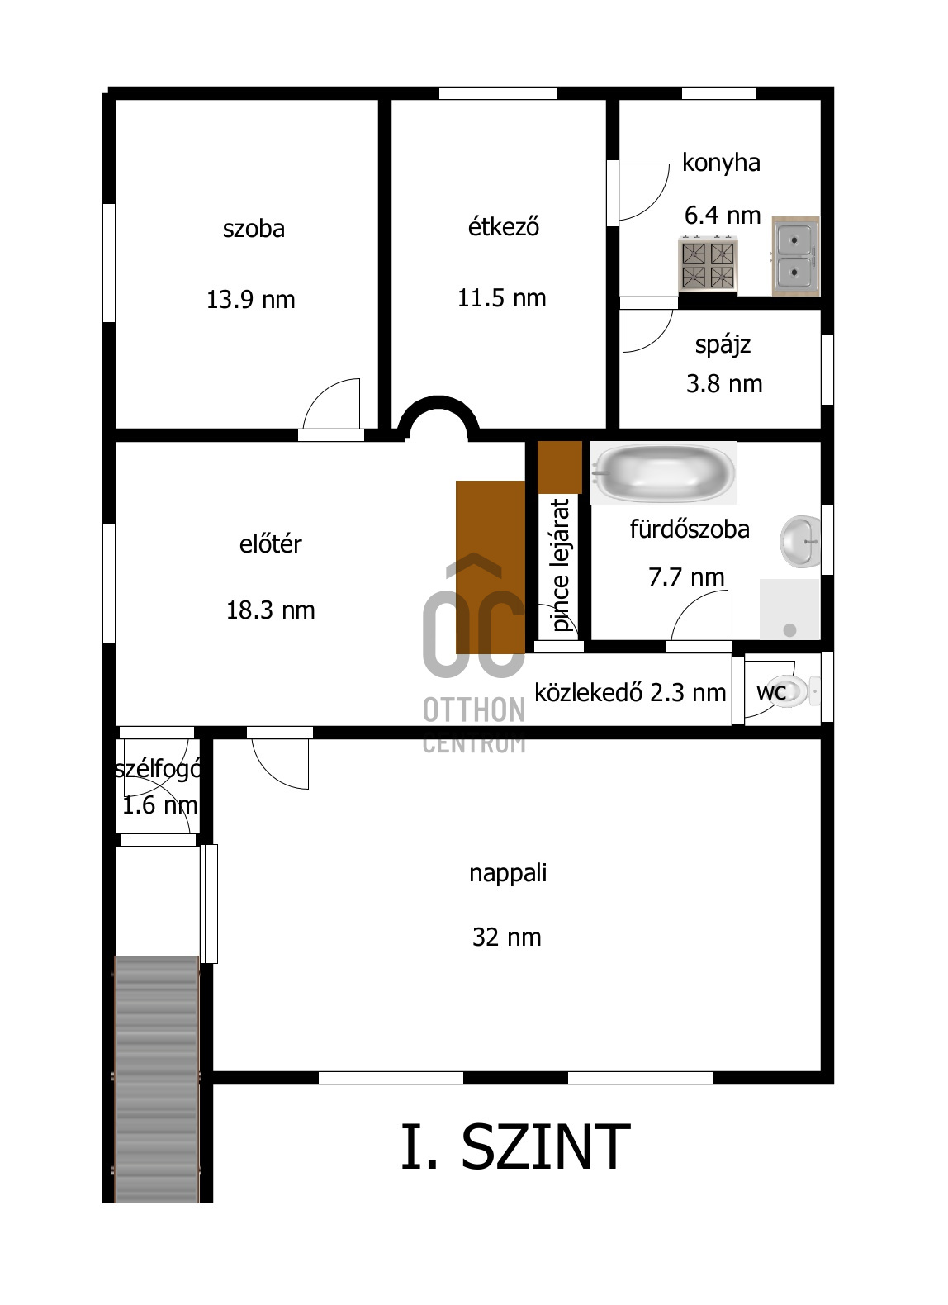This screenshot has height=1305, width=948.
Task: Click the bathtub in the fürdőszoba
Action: pyautogui.click(x=663, y=472)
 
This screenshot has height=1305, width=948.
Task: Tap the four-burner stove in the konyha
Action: pyautogui.click(x=708, y=264)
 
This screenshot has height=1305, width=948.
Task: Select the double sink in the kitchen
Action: pyautogui.click(x=795, y=256)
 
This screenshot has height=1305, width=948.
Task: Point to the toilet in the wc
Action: pyautogui.click(x=792, y=690)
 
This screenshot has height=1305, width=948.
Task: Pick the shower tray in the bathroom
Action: pyautogui.click(x=789, y=609)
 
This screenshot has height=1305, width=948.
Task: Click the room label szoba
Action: pyautogui.click(x=254, y=229)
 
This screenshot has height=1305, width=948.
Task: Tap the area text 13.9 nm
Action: pyautogui.click(x=251, y=300)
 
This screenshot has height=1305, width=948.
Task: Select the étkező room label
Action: pyautogui.click(x=504, y=226)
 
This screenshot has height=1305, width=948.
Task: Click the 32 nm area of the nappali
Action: pyautogui.click(x=506, y=937)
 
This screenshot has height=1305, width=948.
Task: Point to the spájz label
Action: pyautogui.click(x=723, y=345)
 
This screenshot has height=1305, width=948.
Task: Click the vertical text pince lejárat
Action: pyautogui.click(x=559, y=565)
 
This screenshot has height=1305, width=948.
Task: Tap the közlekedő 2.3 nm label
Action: pyautogui.click(x=630, y=693)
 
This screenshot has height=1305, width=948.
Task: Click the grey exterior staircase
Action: pyautogui.click(x=157, y=1080)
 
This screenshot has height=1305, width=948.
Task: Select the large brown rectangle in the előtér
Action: pyautogui.click(x=491, y=567)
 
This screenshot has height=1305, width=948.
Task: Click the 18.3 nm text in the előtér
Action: pyautogui.click(x=270, y=610)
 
